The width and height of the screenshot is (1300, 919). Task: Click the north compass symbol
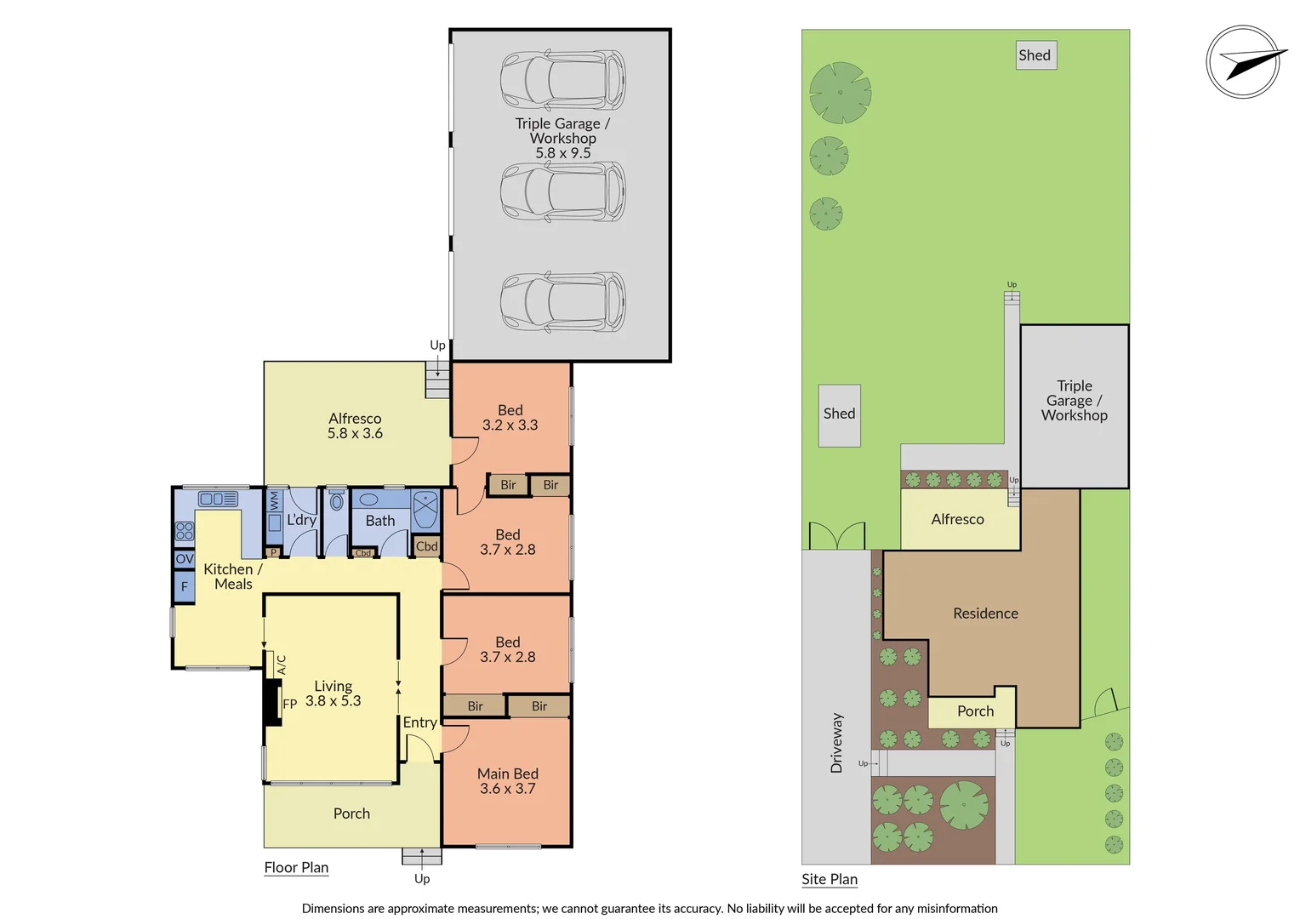(x=1243, y=62)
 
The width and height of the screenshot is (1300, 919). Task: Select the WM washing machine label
(x=274, y=500)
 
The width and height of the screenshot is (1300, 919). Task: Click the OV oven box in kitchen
(x=185, y=559)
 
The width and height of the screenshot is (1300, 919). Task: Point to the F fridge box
(x=185, y=586)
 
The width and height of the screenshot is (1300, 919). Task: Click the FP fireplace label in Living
(x=290, y=704)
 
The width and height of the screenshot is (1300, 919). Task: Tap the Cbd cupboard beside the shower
(x=426, y=546)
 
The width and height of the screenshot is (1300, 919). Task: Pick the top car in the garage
(x=562, y=81)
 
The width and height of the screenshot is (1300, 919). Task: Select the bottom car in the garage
(x=562, y=302)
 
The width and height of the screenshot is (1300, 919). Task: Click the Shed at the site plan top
(x=1035, y=55)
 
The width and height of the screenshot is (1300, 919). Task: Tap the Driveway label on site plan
(x=836, y=743)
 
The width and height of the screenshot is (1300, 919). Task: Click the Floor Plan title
(x=296, y=867)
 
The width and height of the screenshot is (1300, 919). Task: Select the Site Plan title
(x=830, y=879)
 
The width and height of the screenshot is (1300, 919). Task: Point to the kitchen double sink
(x=219, y=499)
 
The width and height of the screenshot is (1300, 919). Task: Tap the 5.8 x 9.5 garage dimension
(x=562, y=153)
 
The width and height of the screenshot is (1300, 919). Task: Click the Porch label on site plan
(x=975, y=711)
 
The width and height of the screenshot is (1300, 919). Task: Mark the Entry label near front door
(x=419, y=722)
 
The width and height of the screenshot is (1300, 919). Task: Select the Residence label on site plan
(x=985, y=614)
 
